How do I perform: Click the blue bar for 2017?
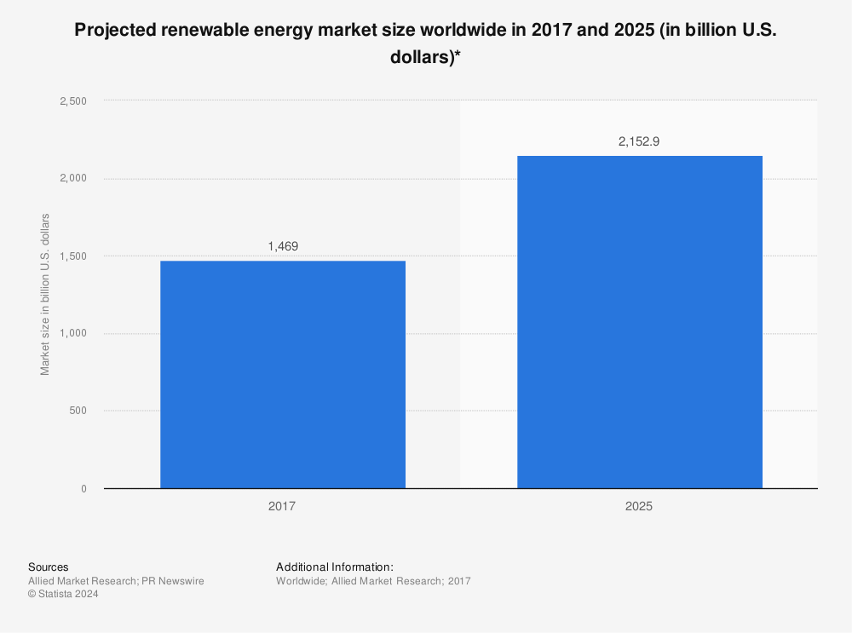(283, 375)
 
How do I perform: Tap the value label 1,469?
(283, 246)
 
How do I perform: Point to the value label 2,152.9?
(639, 141)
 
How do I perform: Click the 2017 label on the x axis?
(283, 506)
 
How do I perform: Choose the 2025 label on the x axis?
(639, 506)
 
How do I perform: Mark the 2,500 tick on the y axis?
(72, 101)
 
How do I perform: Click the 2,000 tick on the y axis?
(72, 178)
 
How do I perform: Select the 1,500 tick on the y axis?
(72, 256)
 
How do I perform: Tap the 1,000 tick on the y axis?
(72, 333)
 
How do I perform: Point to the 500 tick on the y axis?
(78, 411)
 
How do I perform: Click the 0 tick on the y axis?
(83, 488)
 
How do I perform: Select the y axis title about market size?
(45, 295)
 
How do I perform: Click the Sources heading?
(49, 567)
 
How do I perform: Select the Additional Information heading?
(335, 567)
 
